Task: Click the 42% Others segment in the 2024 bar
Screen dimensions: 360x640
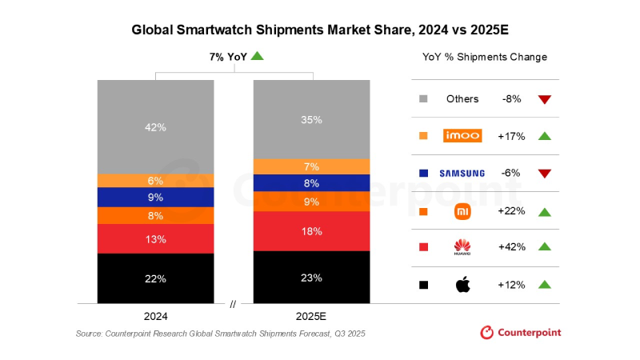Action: tap(155, 126)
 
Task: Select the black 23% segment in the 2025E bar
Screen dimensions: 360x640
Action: tap(312, 278)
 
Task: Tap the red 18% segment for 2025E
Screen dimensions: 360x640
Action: tap(312, 231)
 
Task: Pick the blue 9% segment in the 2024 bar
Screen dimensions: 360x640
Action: tap(155, 197)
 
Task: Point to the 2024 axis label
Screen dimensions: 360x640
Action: tap(155, 315)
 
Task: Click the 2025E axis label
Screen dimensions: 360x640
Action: tap(312, 315)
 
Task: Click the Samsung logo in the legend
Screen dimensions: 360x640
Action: tap(462, 173)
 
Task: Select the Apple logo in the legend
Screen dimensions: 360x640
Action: tap(462, 284)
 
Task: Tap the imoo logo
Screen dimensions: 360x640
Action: tap(462, 136)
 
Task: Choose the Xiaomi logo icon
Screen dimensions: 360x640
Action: tap(462, 211)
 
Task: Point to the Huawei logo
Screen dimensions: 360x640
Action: tap(462, 247)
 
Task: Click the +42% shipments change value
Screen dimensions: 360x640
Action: tap(511, 247)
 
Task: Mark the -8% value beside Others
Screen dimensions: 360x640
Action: tap(511, 99)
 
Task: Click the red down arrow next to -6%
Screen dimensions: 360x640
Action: tap(545, 174)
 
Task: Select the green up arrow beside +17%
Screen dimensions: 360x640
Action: tap(545, 136)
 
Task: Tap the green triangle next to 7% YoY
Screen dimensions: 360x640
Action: tap(257, 55)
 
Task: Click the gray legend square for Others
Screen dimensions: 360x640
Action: tap(423, 99)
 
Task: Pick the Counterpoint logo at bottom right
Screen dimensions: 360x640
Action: tap(520, 332)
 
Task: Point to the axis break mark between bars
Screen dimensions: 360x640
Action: tap(234, 304)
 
